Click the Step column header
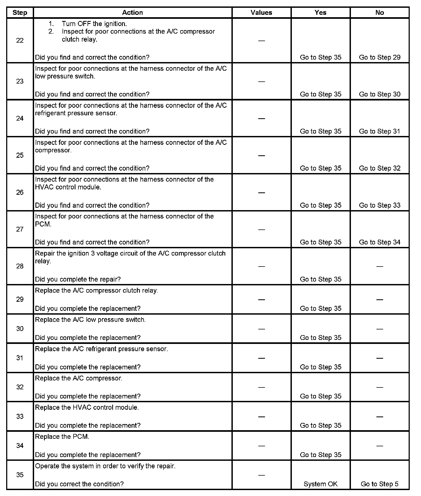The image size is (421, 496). pyautogui.click(x=20, y=13)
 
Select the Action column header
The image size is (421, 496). pyautogui.click(x=132, y=13)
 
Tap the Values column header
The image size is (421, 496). pyautogui.click(x=261, y=13)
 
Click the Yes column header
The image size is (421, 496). pyautogui.click(x=320, y=13)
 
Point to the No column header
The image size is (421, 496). pyautogui.click(x=379, y=13)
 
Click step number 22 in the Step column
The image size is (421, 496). pyautogui.click(x=20, y=41)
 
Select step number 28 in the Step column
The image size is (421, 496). pyautogui.click(x=20, y=266)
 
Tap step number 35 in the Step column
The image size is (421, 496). pyautogui.click(x=20, y=475)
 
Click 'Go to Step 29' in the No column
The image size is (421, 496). pyautogui.click(x=379, y=57)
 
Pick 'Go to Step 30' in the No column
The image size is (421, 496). pyautogui.click(x=379, y=94)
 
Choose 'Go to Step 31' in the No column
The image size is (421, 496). pyautogui.click(x=379, y=131)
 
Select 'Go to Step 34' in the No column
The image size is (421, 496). pyautogui.click(x=379, y=242)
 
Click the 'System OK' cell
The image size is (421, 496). pyautogui.click(x=320, y=484)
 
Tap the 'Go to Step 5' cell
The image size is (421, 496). pyautogui.click(x=379, y=484)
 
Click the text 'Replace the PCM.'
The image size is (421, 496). pyautogui.click(x=62, y=437)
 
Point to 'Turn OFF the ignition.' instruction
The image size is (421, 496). pyautogui.click(x=94, y=24)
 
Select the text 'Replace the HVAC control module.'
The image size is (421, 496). pyautogui.click(x=87, y=408)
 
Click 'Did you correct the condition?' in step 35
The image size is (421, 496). pyautogui.click(x=79, y=484)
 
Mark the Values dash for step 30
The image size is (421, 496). pyautogui.click(x=261, y=329)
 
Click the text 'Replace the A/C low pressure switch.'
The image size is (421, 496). pyautogui.click(x=90, y=320)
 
